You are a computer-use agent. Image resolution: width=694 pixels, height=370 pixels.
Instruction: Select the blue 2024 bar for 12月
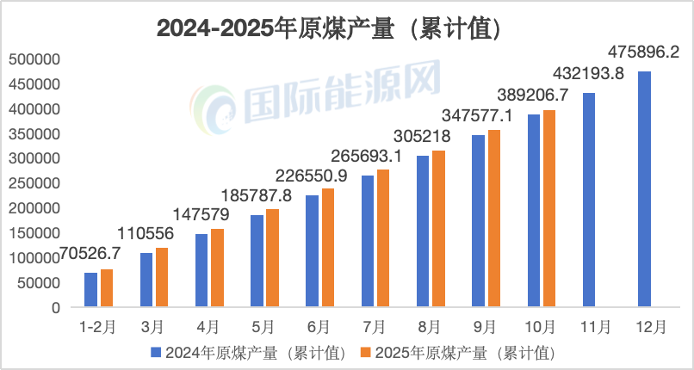tap(644, 188)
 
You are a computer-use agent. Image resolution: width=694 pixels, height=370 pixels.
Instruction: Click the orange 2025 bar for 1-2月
tap(107, 288)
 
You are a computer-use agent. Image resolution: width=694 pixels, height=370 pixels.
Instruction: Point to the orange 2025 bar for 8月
tap(438, 229)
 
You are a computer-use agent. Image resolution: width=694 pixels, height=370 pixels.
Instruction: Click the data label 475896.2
tap(643, 52)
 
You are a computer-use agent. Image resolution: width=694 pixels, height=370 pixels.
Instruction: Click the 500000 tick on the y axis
tap(34, 59)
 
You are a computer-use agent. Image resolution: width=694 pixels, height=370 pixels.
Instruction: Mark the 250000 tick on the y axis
tap(34, 183)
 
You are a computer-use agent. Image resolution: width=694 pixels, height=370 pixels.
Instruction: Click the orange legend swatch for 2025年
tap(365, 352)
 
